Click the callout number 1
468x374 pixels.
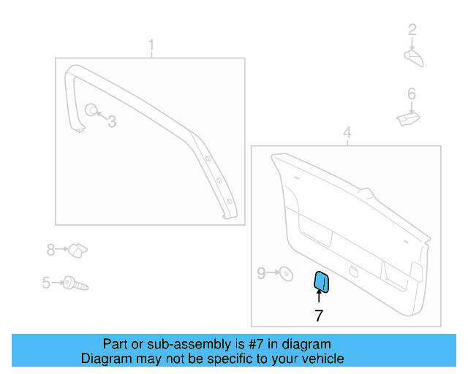point(151,47)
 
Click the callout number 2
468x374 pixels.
point(412,30)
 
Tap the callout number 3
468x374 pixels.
point(112,122)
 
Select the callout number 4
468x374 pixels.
point(347,133)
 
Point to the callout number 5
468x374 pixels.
point(46,282)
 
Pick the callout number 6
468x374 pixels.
point(412,93)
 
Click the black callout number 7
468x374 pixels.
point(319,316)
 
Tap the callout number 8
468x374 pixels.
point(50,250)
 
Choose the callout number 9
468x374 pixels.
point(261,273)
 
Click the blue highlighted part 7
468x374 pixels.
point(321,281)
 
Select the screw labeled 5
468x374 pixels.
point(75,283)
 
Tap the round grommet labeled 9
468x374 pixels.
point(286,274)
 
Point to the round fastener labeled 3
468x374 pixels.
point(91,110)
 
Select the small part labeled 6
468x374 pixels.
point(407,117)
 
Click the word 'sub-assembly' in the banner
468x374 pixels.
point(174,344)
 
